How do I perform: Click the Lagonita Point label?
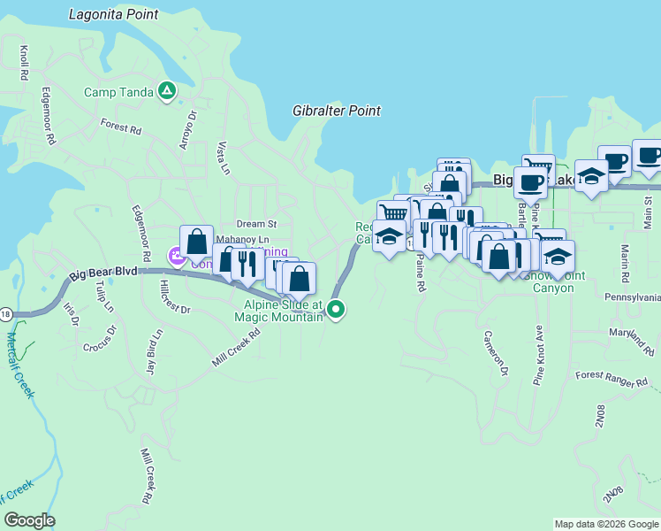click(114, 14)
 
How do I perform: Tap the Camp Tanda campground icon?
click(166, 90)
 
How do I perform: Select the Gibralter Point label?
click(337, 111)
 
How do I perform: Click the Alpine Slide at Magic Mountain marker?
click(335, 309)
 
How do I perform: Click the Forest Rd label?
click(121, 128)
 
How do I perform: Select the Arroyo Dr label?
click(187, 130)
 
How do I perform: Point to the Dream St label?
click(256, 225)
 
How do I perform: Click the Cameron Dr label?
click(495, 353)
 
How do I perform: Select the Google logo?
click(29, 520)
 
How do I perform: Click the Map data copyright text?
click(606, 524)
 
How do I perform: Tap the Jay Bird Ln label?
click(155, 352)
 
